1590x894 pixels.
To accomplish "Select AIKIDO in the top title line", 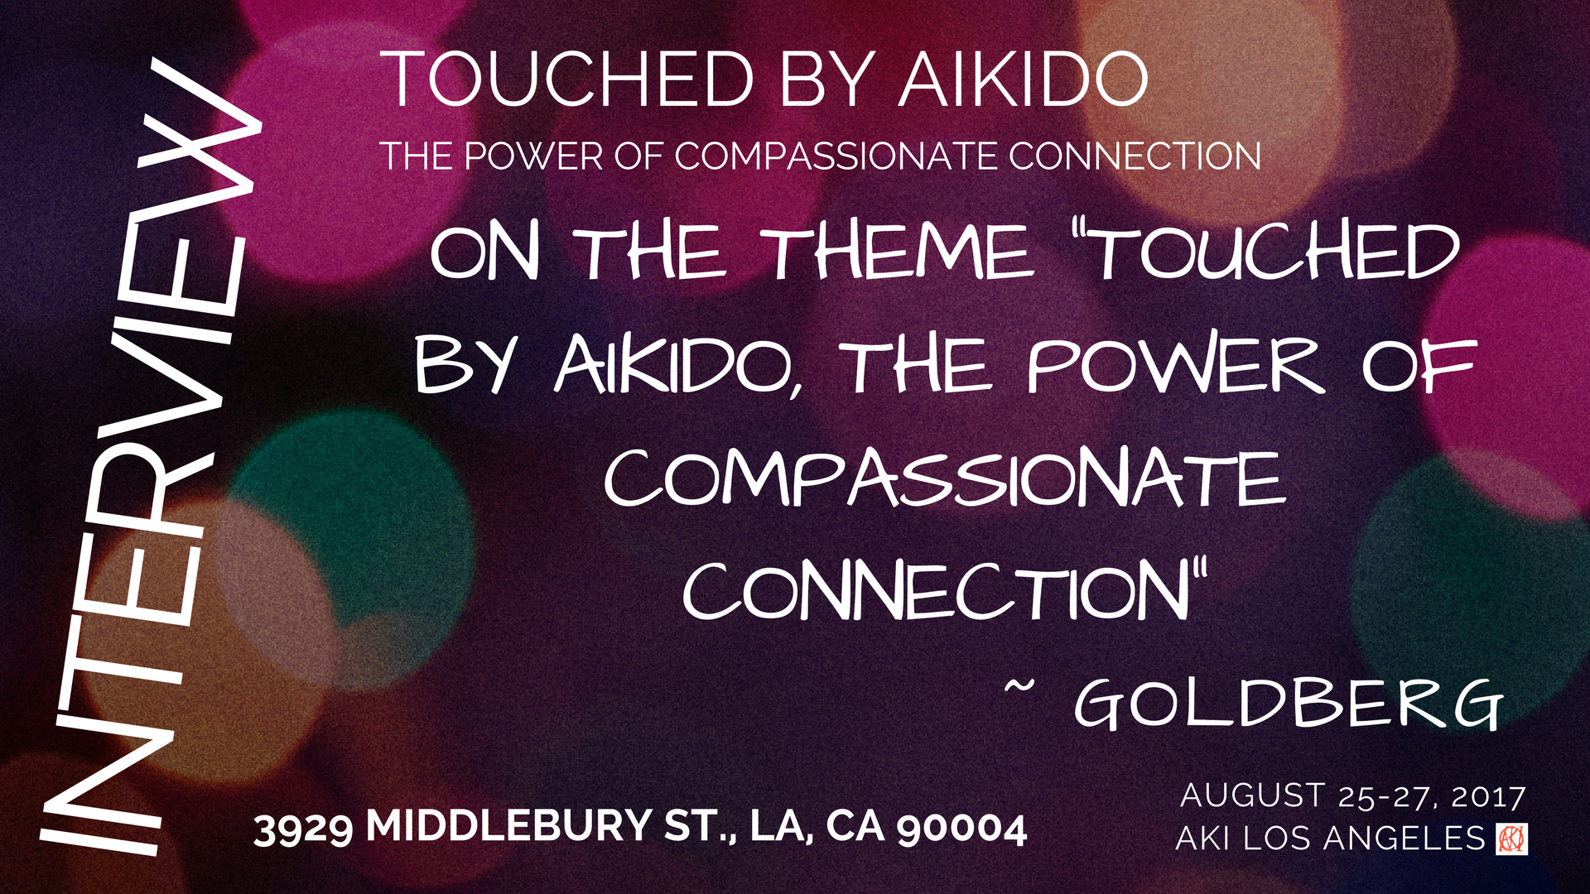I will (x=1024, y=79).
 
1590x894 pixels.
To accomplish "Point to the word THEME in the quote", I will (x=899, y=253).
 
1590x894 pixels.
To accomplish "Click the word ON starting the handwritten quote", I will (x=485, y=253).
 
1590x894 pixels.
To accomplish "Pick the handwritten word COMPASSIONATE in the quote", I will (x=944, y=480).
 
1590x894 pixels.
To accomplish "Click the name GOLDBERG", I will (x=1288, y=704).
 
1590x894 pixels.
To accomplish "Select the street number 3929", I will (x=303, y=829).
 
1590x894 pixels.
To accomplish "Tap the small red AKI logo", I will (x=1512, y=839).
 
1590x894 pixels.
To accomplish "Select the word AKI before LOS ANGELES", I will (x=1202, y=839).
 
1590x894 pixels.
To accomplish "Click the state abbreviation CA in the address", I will (x=856, y=827).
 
